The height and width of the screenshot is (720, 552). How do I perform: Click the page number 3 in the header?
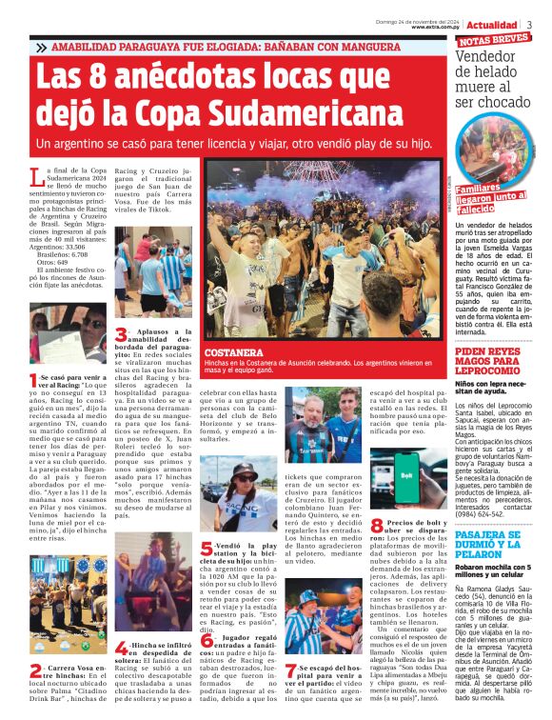pyautogui.click(x=530, y=24)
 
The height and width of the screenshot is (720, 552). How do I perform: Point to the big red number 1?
pyautogui.click(x=35, y=377)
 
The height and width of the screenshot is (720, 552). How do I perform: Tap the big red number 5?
pyautogui.click(x=208, y=549)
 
